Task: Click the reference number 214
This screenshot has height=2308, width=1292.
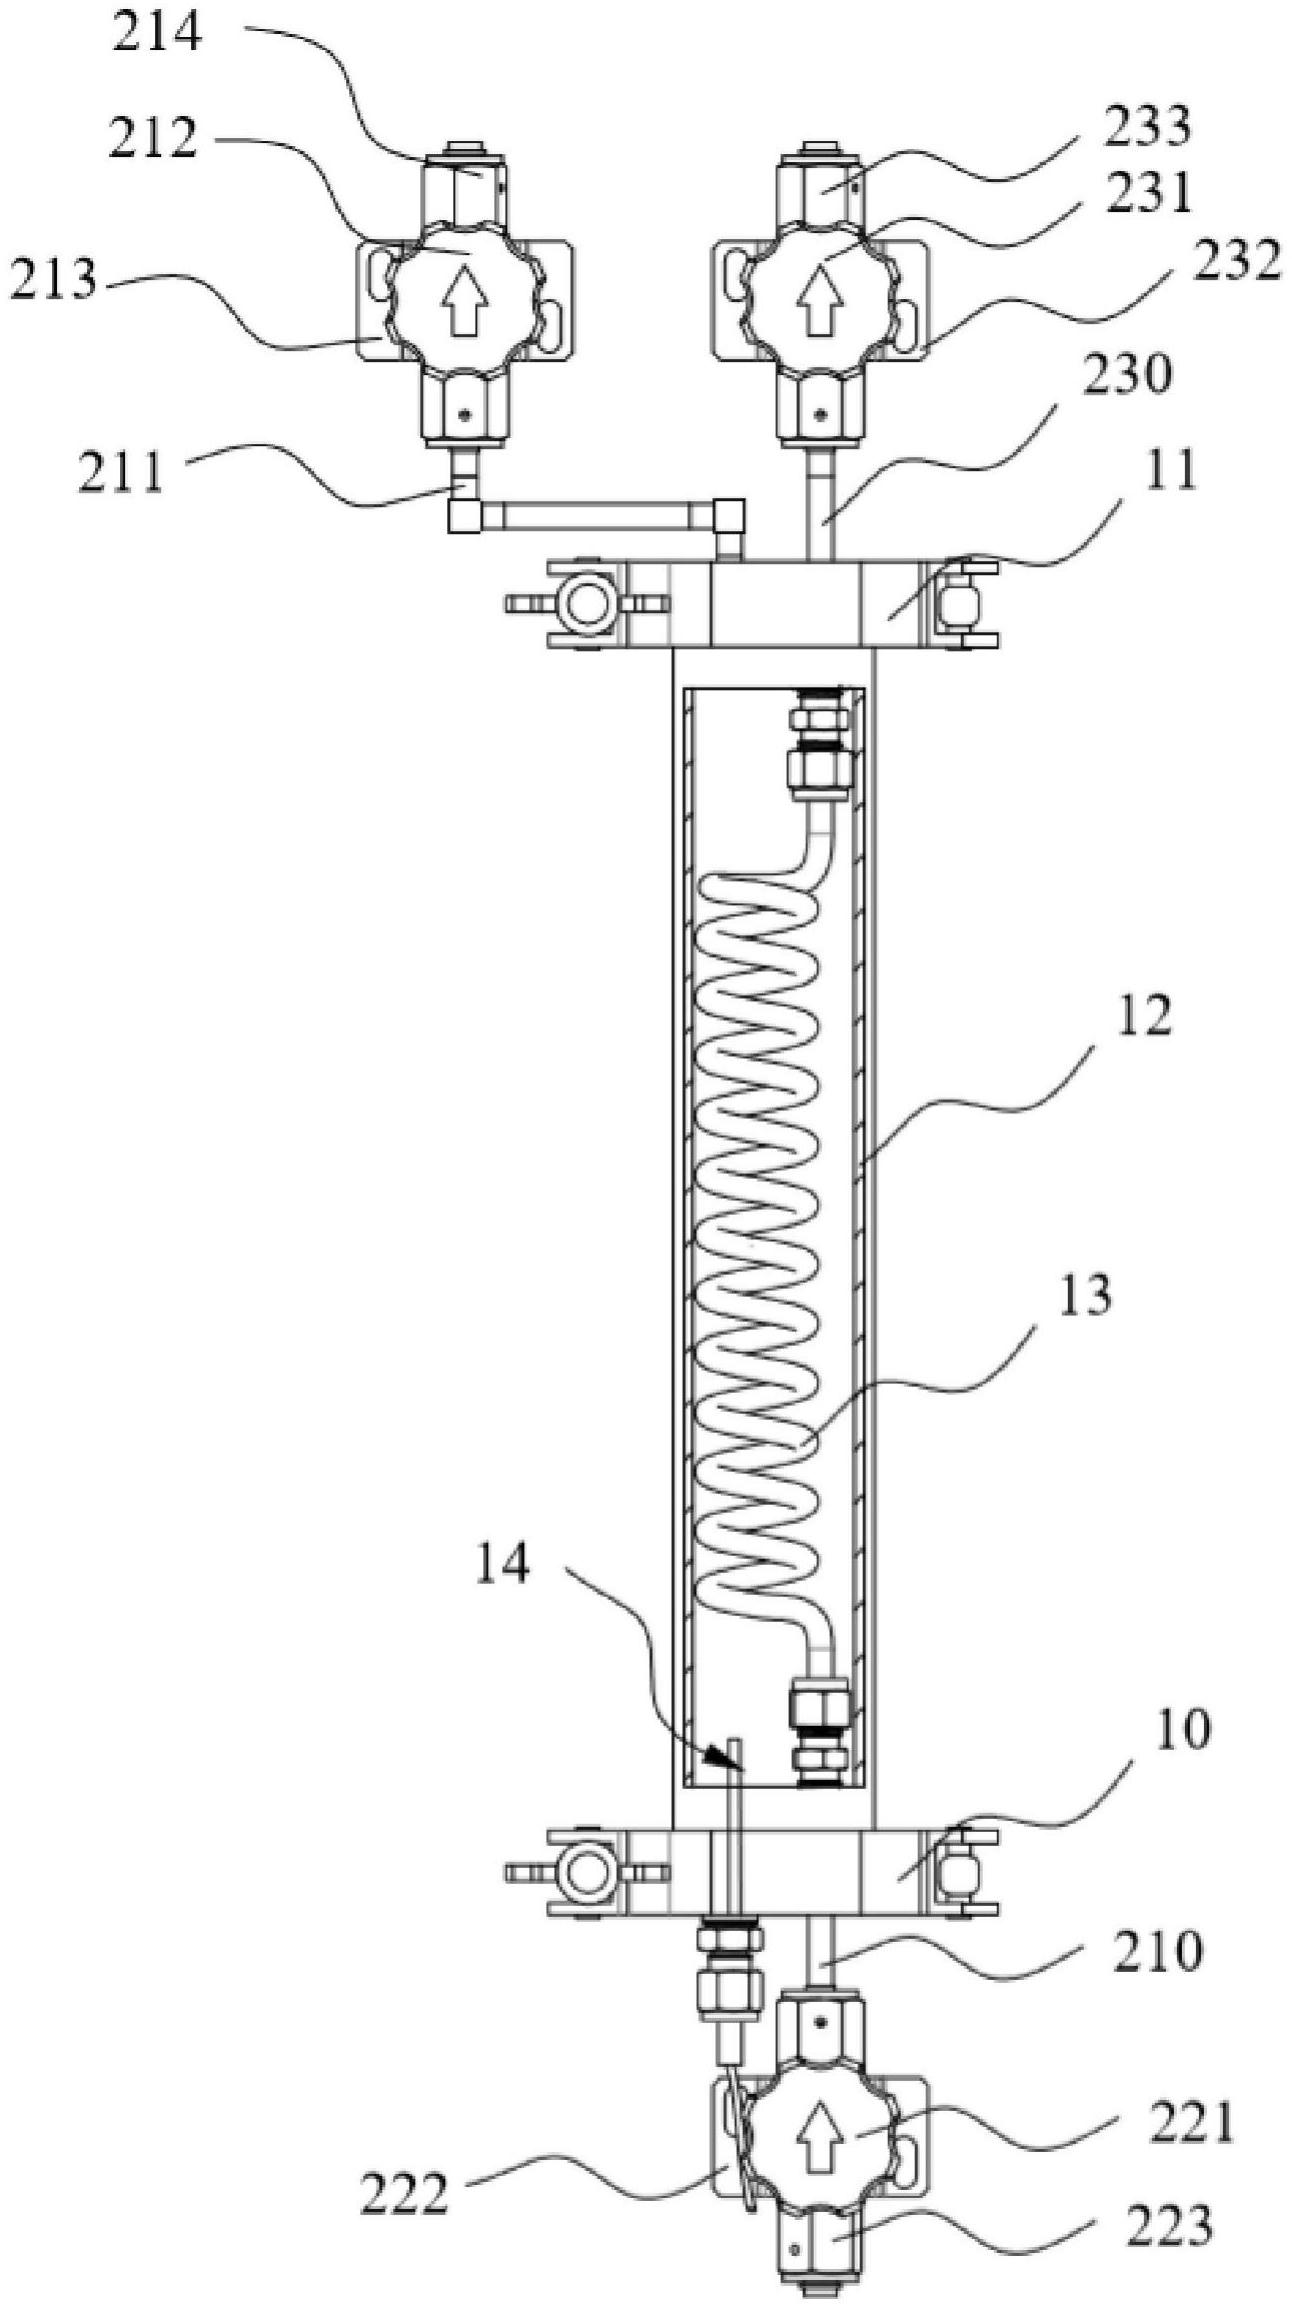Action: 156,34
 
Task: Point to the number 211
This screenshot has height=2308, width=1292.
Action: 124,471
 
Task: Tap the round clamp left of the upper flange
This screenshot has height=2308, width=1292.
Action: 584,603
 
